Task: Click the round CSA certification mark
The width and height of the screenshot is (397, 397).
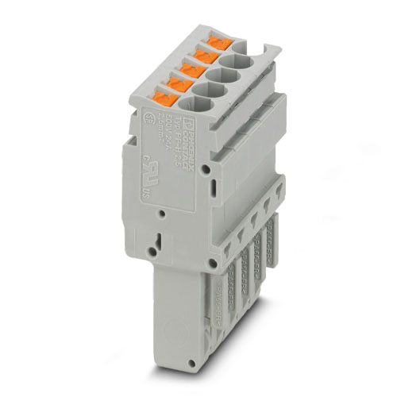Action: (x=148, y=120)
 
